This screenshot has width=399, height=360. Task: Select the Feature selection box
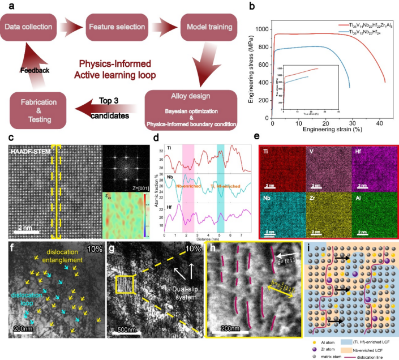point(118,27)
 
